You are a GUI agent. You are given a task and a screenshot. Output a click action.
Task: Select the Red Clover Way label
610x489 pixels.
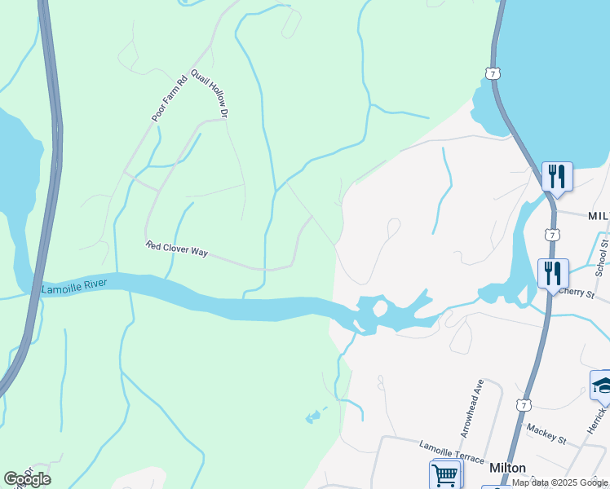pos(177,249)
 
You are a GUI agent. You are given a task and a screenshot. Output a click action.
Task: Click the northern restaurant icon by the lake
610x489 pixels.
pos(557,175)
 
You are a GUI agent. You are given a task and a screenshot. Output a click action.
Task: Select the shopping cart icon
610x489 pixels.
pos(444,474)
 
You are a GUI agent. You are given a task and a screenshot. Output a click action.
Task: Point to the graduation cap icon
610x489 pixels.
pos(602,385)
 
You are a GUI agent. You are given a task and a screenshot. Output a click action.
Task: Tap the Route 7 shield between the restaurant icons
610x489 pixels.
pos(554,235)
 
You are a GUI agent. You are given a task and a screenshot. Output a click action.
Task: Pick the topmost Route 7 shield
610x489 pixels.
pos(491,73)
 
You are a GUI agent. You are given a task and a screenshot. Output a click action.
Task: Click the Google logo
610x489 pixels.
pos(27,479)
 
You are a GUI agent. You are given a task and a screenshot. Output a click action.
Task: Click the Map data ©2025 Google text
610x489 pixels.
pos(559,482)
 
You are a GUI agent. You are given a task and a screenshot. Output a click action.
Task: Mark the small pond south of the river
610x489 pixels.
pos(313,418)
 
